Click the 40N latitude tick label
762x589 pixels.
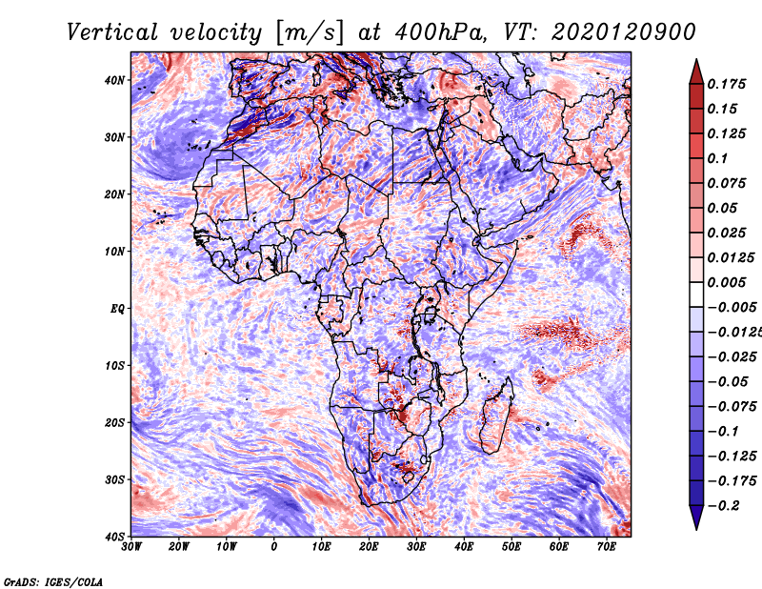coord(114,80)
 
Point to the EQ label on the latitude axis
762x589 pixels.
coord(117,309)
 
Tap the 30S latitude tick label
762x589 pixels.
coord(114,479)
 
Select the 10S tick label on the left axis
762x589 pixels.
coord(114,365)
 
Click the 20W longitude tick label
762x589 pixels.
coord(179,547)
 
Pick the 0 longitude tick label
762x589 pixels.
coord(274,547)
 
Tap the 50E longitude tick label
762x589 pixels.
coord(511,547)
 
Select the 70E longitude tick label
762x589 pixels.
coord(607,547)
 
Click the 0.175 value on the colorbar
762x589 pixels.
coord(726,84)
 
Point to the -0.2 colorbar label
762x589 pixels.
coord(725,506)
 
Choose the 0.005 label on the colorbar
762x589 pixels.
coord(726,282)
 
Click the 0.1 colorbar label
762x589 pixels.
coord(717,158)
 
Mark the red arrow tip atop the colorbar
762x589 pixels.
coord(696,60)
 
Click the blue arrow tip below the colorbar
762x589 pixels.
coord(696,529)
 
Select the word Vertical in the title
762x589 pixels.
coord(112,32)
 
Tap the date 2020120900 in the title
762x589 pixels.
coord(623,32)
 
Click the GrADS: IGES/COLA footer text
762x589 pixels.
coord(53,582)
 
